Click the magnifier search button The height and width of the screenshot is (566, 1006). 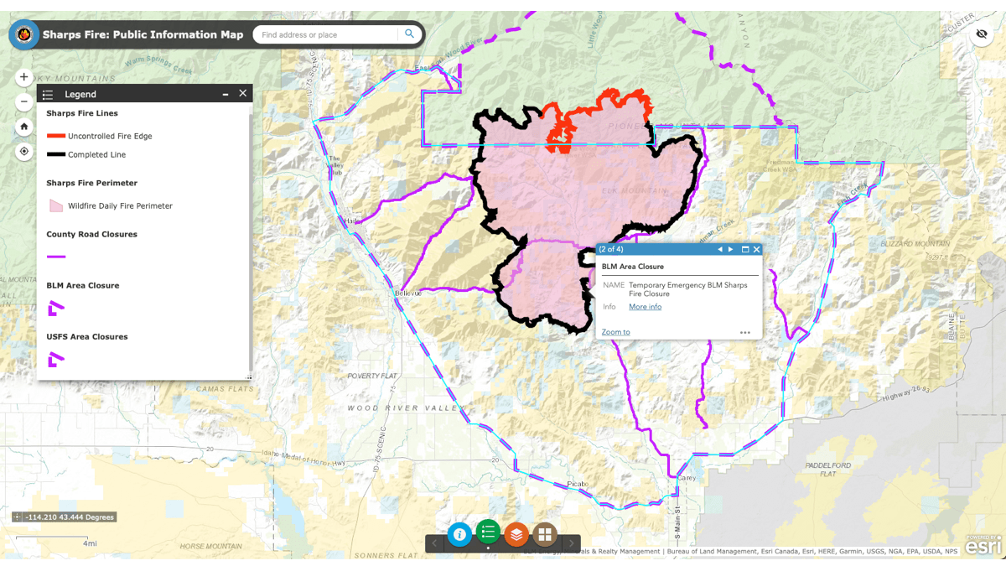pos(409,34)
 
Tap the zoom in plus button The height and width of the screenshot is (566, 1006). pos(24,77)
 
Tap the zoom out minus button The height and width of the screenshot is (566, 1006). pos(24,101)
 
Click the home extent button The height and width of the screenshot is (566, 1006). pos(24,127)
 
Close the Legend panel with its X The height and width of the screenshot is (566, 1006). pos(243,94)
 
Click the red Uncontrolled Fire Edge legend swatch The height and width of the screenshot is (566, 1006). pos(56,136)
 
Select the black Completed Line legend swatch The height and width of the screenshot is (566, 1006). pos(56,154)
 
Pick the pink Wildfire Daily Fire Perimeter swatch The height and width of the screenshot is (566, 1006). pos(56,205)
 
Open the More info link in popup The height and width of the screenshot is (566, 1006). pos(645,307)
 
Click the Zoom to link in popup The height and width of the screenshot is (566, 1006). pos(615,332)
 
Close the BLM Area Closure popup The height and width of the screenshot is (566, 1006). pos(756,249)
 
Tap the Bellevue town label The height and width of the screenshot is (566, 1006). pos(408,293)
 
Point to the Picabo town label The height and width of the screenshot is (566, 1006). pos(578,484)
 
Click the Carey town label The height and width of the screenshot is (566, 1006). pos(687,477)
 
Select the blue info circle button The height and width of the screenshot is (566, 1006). pos(459,534)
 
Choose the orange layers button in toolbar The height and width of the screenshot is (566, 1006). pos(516,534)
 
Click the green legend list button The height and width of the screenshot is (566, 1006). pos(488,532)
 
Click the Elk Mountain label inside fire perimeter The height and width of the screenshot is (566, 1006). pos(635,191)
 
